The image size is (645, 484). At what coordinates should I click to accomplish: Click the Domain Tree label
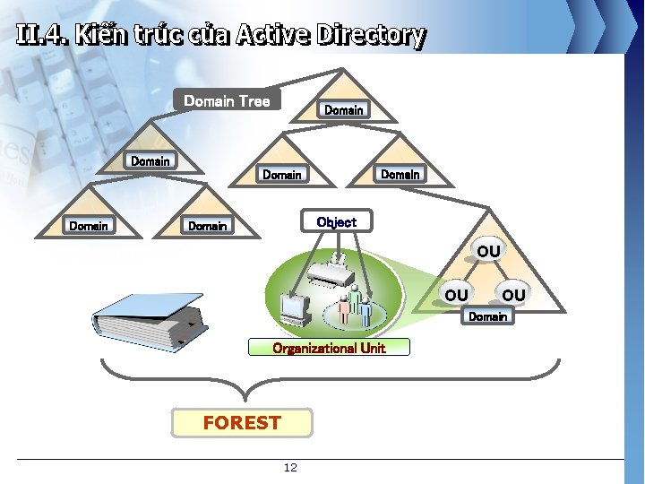pos(227,100)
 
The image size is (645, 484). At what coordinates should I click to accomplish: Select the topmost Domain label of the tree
pos(344,109)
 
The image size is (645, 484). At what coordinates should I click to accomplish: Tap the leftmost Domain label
pos(88,226)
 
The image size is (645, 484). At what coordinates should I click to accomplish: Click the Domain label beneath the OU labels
pos(488,316)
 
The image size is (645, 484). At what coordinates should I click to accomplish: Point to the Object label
pos(336,221)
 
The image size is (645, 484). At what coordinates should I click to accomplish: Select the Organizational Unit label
pos(329,348)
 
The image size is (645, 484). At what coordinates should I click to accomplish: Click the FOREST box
pos(242,423)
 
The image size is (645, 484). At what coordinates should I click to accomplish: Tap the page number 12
pos(290,468)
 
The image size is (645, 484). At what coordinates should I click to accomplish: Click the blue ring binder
pos(148,321)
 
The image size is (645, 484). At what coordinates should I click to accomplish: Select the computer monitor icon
pos(294,309)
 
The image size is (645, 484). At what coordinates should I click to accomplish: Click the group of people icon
pos(356,305)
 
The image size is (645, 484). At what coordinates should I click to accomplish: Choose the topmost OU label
pos(488,252)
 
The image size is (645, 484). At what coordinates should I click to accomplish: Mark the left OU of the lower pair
pos(456,295)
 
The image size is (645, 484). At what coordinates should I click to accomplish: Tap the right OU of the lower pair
pos(513,295)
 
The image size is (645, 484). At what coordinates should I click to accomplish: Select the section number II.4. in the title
pos(41,35)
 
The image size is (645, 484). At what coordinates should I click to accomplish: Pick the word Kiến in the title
pos(101,35)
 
